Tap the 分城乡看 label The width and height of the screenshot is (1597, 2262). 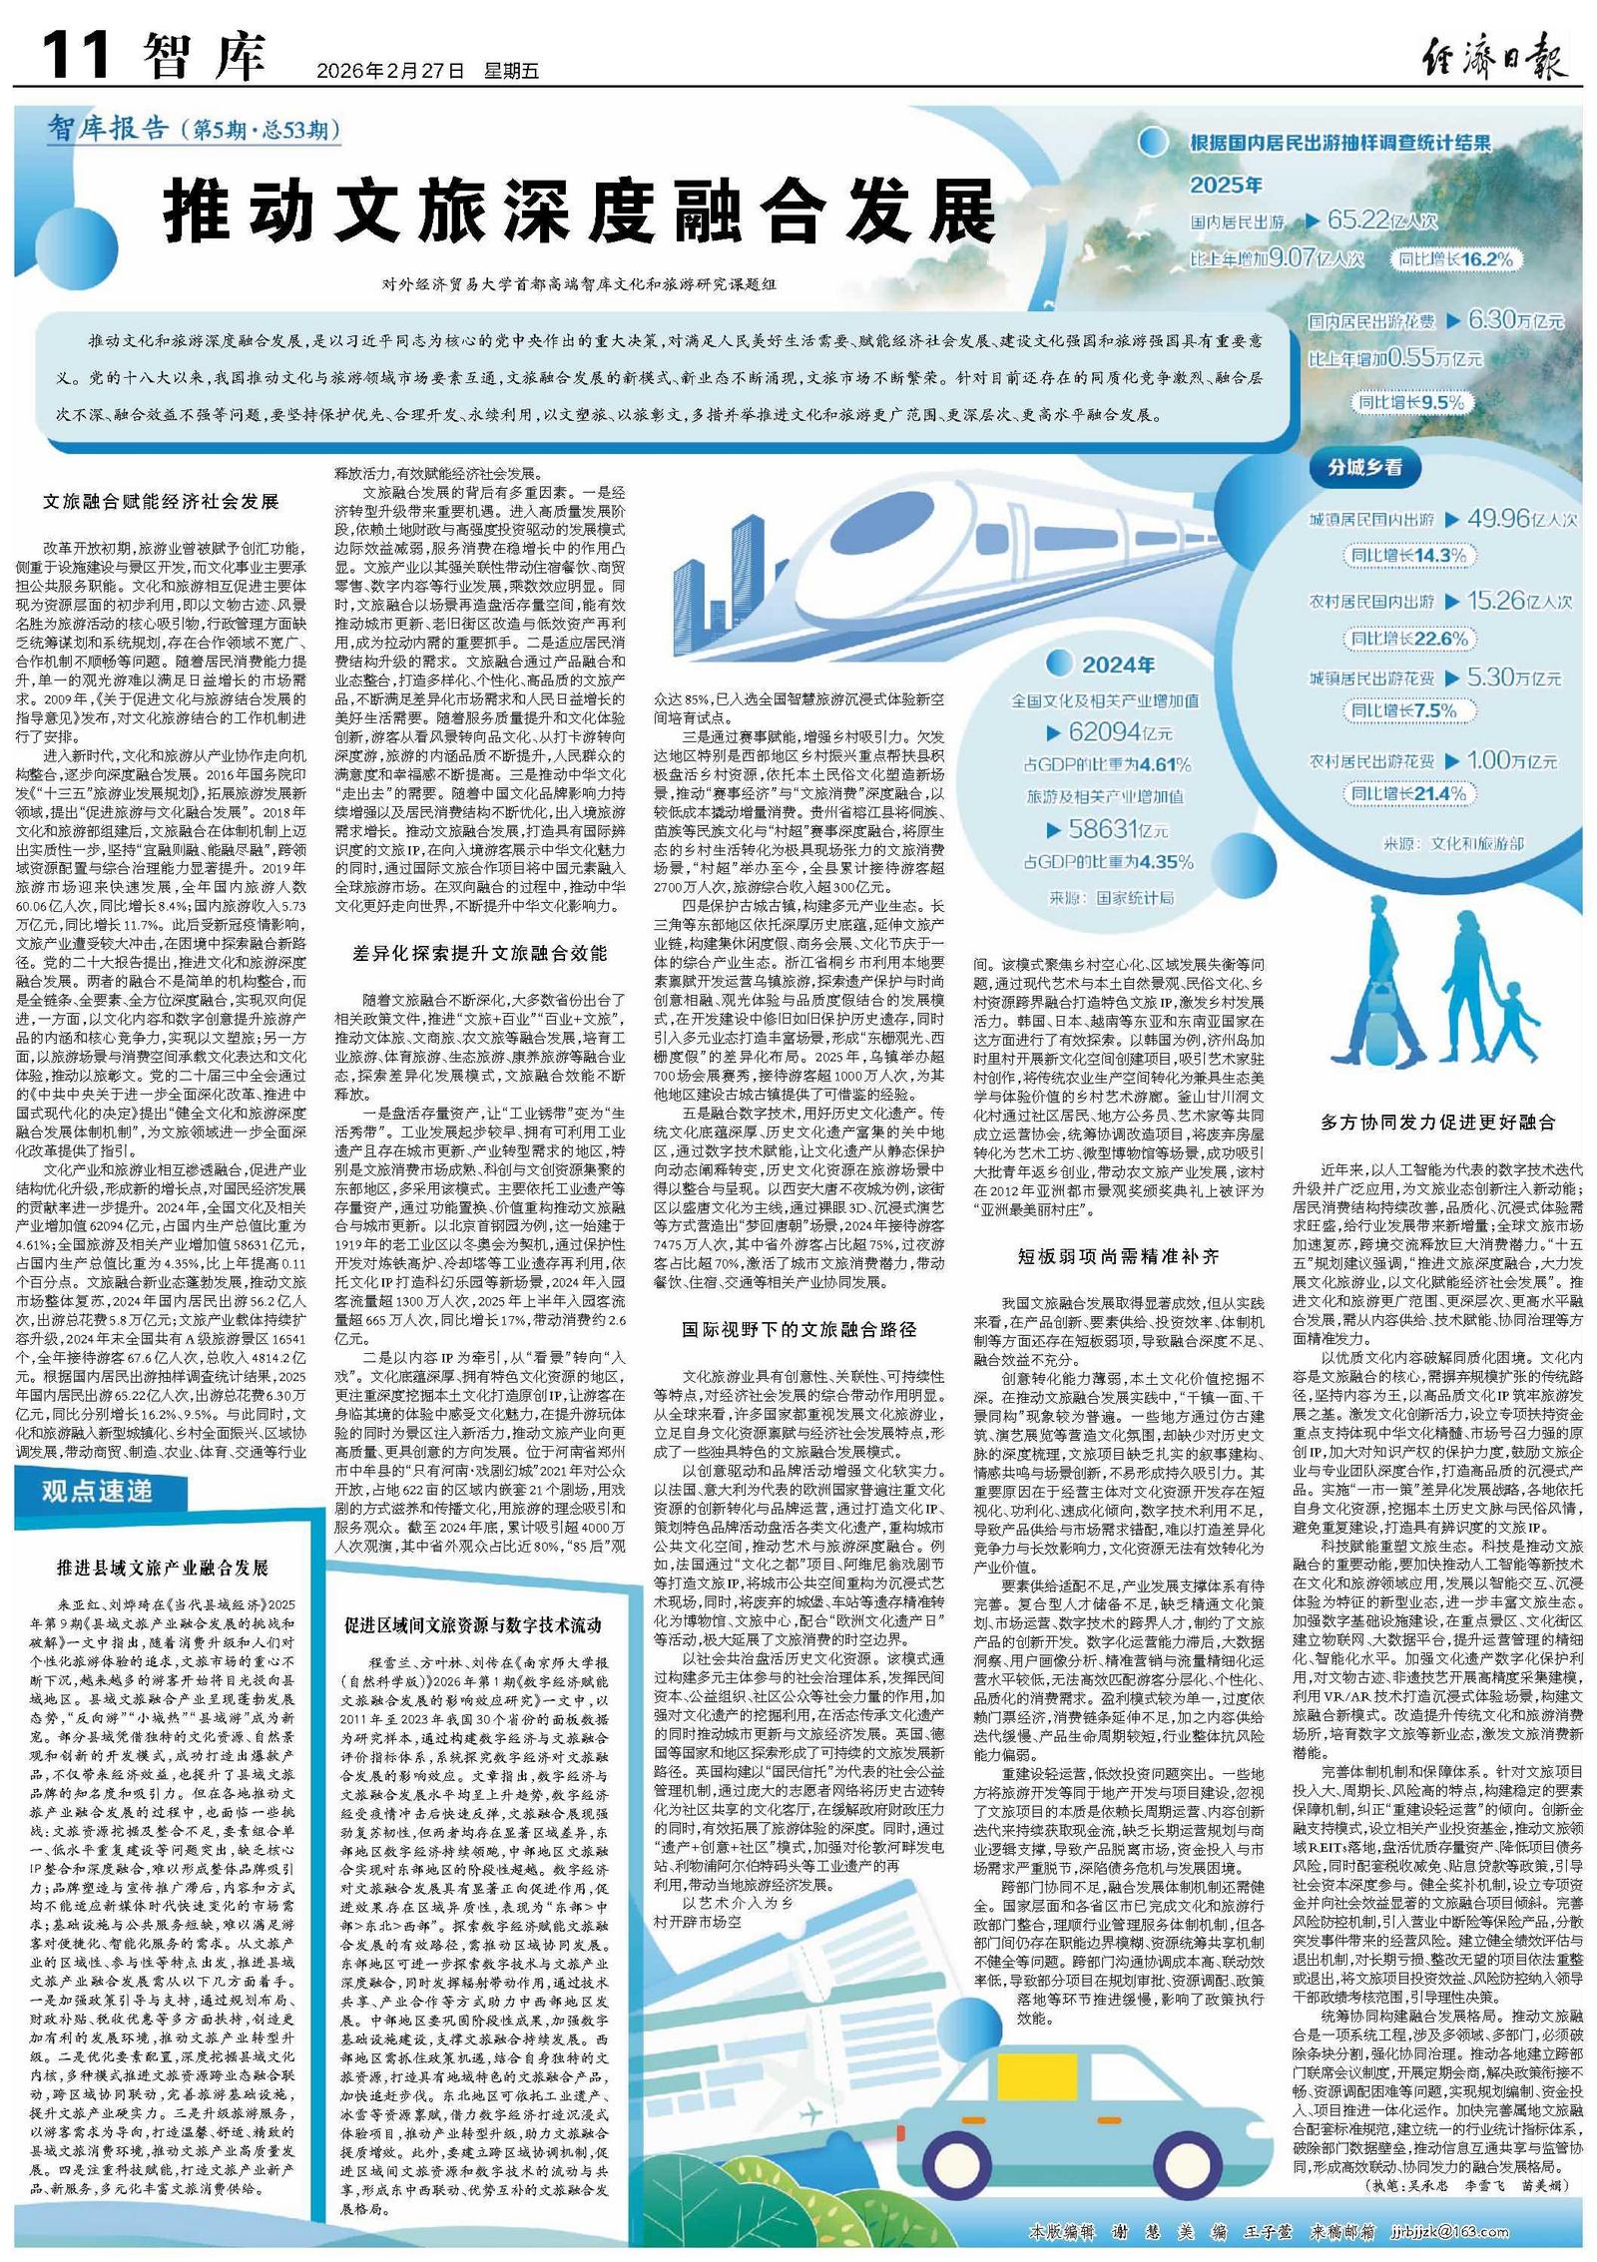1363,467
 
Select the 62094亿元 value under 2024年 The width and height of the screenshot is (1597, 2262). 1119,731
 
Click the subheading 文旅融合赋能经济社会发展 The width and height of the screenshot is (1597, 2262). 160,502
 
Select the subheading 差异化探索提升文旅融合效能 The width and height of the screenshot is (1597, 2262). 479,953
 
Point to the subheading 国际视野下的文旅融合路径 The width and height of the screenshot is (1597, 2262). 798,1329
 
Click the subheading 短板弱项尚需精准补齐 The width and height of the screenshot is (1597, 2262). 1118,1255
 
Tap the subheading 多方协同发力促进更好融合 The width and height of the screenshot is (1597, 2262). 1438,1122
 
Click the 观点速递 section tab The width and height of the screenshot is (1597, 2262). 97,1491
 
